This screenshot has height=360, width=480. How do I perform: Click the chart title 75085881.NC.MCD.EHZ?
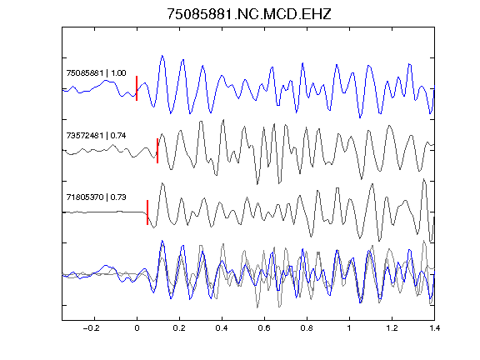coord(249,14)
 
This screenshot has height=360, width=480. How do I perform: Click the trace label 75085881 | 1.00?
coord(96,73)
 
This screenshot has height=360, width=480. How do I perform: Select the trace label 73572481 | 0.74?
coord(96,135)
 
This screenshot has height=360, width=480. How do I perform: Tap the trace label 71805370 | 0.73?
coord(96,197)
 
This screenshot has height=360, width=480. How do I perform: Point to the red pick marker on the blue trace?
coord(137,88)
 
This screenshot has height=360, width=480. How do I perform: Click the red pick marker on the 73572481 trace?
coord(157,151)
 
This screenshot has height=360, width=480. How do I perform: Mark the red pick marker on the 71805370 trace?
coord(147,212)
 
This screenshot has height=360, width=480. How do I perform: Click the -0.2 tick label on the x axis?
coord(92,328)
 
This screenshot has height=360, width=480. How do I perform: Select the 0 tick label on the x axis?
coord(137,328)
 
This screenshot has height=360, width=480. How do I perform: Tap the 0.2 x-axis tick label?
coord(179,328)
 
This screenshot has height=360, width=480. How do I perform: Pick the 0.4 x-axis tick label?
coord(222,328)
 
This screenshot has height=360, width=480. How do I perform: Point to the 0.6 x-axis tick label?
coord(264,328)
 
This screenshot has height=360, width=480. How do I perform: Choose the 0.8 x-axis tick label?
coord(307,328)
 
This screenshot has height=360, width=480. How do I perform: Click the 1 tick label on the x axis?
coord(349,328)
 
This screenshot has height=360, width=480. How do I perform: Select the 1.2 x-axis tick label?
coord(392,328)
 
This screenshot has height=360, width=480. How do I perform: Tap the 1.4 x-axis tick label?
coord(434,328)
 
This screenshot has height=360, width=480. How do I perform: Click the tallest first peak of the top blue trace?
coord(162,56)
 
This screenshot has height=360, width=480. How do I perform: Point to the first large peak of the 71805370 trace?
coord(162,183)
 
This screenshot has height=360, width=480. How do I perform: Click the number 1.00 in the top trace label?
coord(118,73)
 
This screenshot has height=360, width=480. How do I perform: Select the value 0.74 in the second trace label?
coord(118,135)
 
